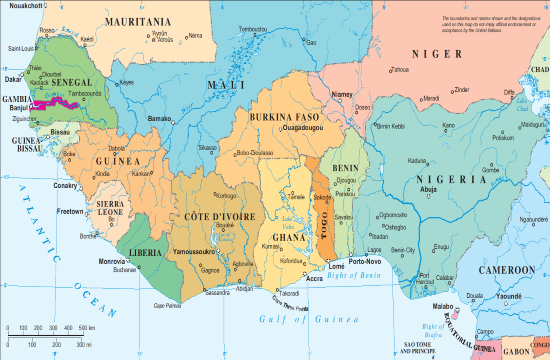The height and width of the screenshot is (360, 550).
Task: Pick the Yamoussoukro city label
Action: pos(199,252)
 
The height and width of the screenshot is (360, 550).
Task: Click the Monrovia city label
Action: pos(112,261)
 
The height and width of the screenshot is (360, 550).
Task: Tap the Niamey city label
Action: pos(343,94)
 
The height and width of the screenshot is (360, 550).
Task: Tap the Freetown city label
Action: pos(70,212)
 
